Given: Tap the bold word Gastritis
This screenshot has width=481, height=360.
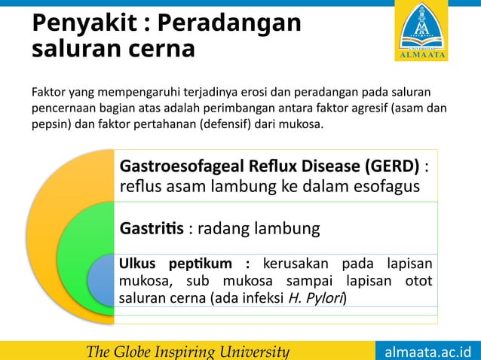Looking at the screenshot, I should [152, 227].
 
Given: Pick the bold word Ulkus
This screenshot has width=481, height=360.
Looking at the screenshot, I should [136, 264].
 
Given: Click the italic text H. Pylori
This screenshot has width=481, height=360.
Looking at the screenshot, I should [317, 298].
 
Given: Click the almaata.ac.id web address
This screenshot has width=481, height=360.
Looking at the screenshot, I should [427, 352].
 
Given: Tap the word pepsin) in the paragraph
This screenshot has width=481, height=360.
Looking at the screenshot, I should [51, 124].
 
